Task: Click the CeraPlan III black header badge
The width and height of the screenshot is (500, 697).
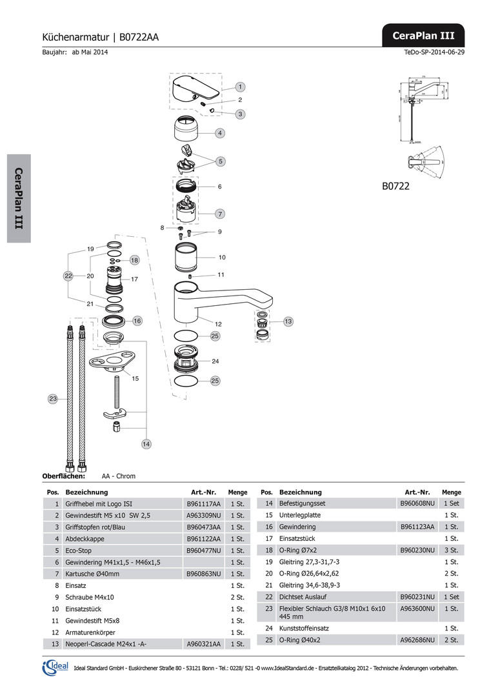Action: [x=423, y=36]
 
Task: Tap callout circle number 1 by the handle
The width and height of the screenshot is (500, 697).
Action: [x=239, y=86]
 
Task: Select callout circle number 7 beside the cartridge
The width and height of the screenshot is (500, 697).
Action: [x=220, y=213]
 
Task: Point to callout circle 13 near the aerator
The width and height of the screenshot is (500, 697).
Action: [x=288, y=321]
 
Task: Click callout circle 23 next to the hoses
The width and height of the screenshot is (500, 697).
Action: [x=53, y=399]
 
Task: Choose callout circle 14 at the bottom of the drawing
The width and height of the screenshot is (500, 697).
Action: [x=146, y=444]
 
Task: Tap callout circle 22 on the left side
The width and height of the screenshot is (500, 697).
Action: [x=68, y=276]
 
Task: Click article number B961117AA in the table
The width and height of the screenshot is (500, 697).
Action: [x=203, y=503]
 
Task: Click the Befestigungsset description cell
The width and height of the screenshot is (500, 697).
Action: [x=303, y=503]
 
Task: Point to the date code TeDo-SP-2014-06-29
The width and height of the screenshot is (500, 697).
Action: [x=434, y=52]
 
